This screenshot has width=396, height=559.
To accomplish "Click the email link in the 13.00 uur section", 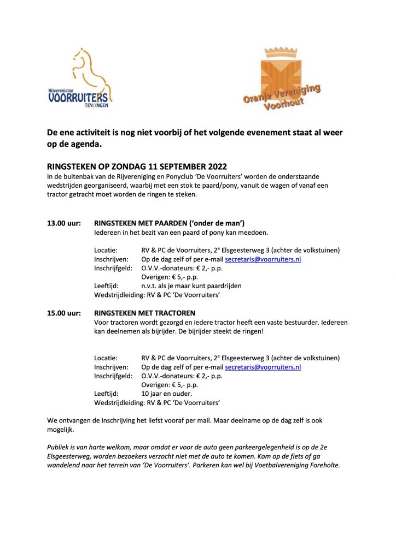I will click(x=263, y=259).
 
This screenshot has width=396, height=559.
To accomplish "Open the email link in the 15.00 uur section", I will click(x=263, y=367).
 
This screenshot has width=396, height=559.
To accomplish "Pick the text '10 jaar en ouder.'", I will click(x=166, y=394).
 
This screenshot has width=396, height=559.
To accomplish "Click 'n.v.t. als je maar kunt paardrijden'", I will click(x=191, y=286).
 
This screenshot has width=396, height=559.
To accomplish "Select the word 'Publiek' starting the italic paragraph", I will click(x=59, y=447).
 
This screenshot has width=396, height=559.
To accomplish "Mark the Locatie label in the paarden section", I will click(x=106, y=250).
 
